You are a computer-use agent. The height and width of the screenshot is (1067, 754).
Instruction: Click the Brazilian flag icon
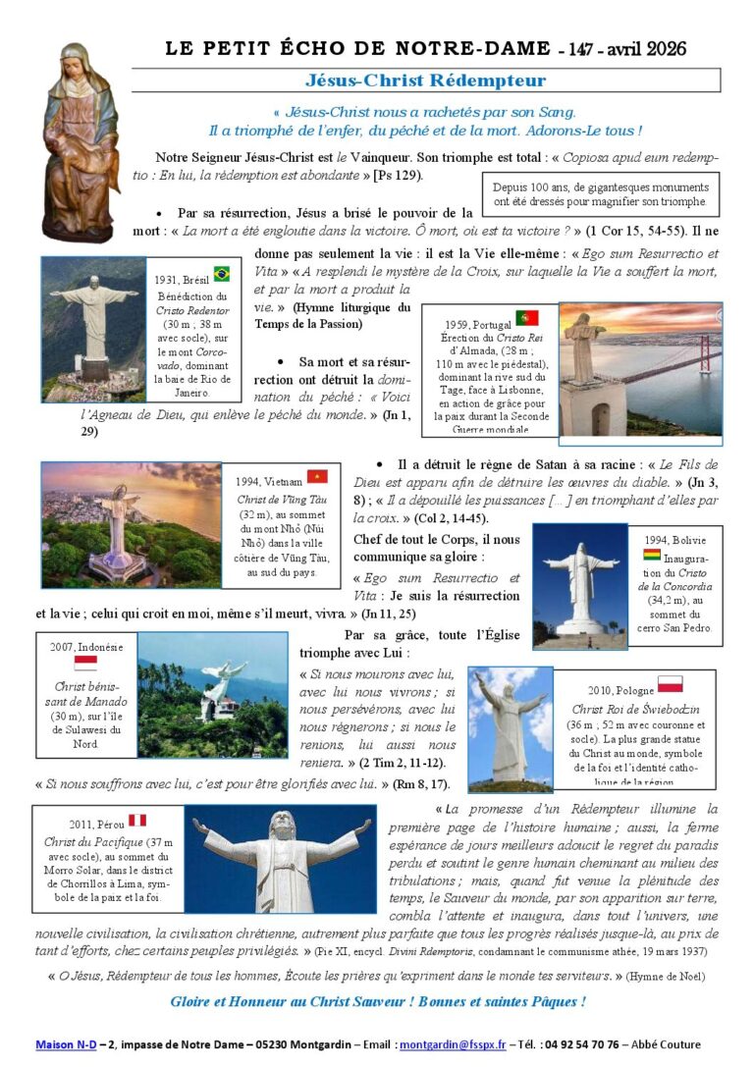pos(222,274)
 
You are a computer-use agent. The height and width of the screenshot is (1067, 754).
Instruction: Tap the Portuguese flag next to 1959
pos(527,317)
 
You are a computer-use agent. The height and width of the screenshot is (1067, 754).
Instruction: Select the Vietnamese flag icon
pos(316,476)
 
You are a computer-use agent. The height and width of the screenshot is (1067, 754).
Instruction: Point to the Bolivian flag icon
pos(652,555)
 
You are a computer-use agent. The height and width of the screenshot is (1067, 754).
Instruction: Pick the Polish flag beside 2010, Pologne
pos(671,683)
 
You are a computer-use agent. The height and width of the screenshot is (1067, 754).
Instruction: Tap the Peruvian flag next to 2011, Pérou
pos(137,820)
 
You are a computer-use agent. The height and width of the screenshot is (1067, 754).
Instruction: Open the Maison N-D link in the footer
pos(66,1044)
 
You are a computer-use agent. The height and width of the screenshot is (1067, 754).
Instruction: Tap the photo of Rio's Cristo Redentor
pos(93,329)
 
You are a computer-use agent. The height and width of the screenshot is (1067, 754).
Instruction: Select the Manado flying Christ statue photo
pos(212,694)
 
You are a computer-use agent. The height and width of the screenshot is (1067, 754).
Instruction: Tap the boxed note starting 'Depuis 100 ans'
pos(602,193)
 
